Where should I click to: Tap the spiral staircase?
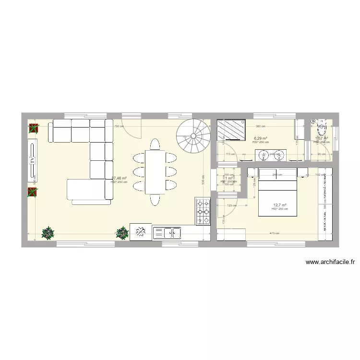click(193, 136)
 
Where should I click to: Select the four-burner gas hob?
click(203, 211)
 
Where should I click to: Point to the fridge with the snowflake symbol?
click(141, 232)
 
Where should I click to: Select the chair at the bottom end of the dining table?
click(155, 200)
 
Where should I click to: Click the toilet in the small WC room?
click(320, 129)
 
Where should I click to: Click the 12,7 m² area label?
click(280, 205)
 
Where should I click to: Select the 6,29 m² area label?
click(261, 139)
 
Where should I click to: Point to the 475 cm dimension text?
click(275, 234)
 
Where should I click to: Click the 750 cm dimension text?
click(119, 127)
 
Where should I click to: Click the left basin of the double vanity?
click(264, 155)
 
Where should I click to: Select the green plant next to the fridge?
click(122, 233)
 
